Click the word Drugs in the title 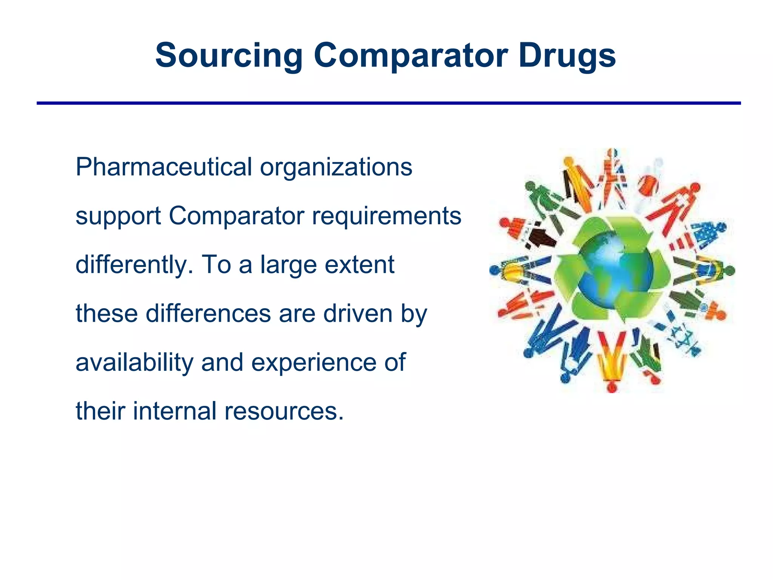[x=567, y=56]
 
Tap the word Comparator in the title [x=410, y=56]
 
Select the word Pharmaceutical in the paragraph [x=163, y=167]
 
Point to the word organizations [x=336, y=167]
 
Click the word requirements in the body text [x=386, y=216]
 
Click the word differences [x=208, y=313]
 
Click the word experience [x=314, y=362]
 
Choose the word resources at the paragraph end [x=284, y=412]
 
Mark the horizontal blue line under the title [x=388, y=103]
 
